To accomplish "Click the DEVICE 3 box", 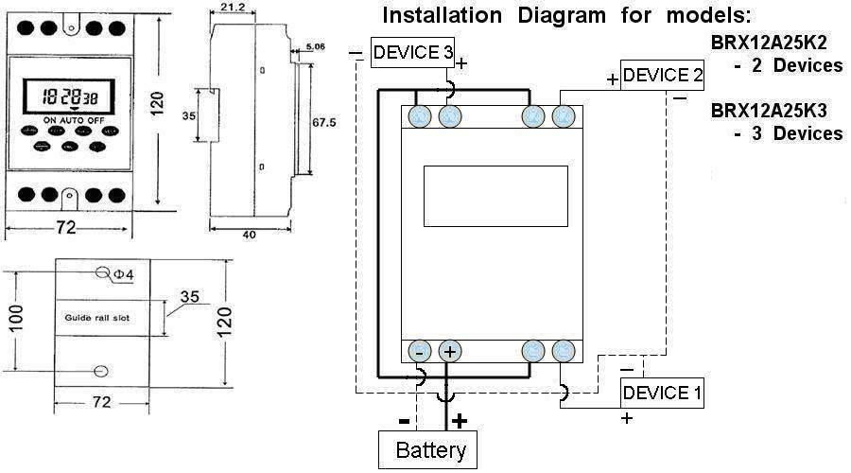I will pyautogui.click(x=412, y=53).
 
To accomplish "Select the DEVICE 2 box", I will pyautogui.click(x=662, y=75).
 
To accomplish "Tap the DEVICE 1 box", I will pyautogui.click(x=662, y=393).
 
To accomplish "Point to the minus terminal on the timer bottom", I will pyautogui.click(x=419, y=351).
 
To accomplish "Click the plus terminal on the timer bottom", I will pyautogui.click(x=450, y=351).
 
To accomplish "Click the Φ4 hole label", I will pyautogui.click(x=125, y=274).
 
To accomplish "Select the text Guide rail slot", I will pyautogui.click(x=98, y=318).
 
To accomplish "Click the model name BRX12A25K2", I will pyautogui.click(x=768, y=44).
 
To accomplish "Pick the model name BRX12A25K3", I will pyautogui.click(x=768, y=112).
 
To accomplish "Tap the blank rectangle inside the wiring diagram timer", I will pyautogui.click(x=495, y=196).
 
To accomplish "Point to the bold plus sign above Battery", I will pyautogui.click(x=460, y=419).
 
